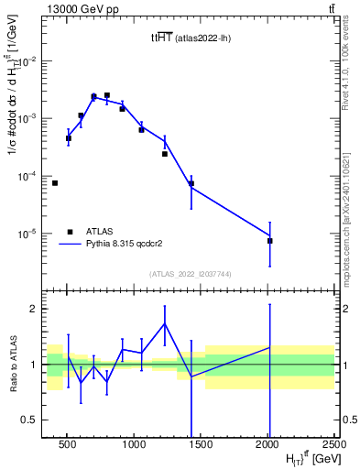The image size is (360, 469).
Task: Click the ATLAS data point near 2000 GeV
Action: click(x=270, y=240)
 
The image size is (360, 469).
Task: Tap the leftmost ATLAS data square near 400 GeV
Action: click(x=55, y=183)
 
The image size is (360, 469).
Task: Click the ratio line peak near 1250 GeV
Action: click(x=165, y=323)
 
